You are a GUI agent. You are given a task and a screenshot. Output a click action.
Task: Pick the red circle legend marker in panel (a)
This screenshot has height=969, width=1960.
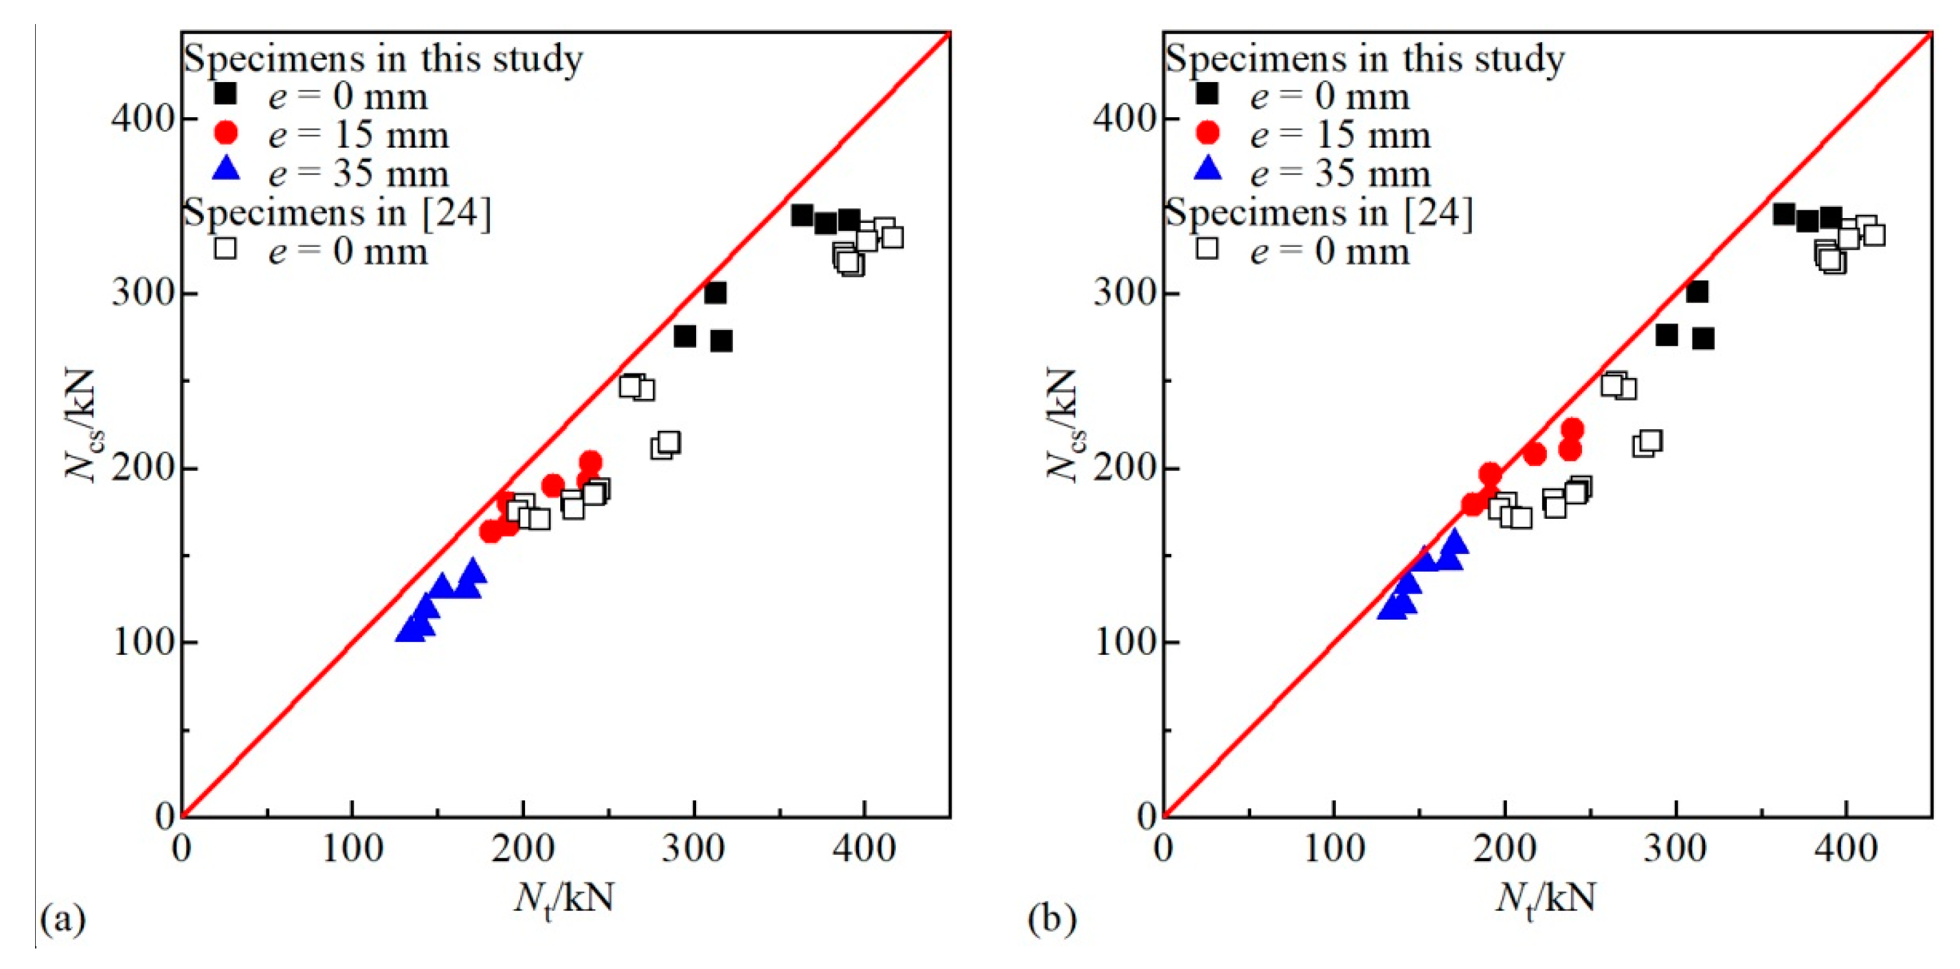(x=226, y=133)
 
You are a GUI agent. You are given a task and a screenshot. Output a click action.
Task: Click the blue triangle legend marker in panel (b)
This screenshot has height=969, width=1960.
(x=1208, y=169)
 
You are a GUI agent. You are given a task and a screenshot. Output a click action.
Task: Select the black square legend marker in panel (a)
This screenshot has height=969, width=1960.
(x=226, y=94)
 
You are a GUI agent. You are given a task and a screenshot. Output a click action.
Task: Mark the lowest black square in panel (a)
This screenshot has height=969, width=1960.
(x=721, y=341)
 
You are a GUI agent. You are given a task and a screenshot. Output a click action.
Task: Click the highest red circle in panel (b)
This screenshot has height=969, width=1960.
(x=1572, y=429)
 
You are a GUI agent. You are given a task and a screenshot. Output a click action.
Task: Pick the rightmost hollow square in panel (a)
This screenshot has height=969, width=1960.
(x=892, y=237)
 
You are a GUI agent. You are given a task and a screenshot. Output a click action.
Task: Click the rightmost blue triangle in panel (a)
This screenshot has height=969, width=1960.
(x=473, y=571)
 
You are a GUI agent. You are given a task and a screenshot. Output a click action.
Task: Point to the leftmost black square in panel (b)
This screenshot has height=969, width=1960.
(x=1784, y=214)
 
